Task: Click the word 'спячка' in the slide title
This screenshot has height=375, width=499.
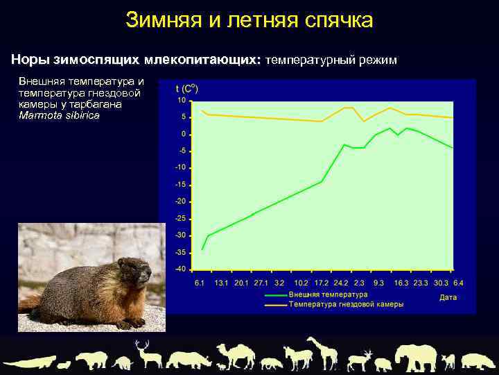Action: (339, 20)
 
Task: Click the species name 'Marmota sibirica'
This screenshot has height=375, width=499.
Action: (59, 115)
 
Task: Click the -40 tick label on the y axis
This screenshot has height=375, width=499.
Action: (180, 269)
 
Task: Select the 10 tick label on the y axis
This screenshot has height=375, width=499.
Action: (182, 101)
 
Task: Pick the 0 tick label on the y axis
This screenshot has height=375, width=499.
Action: (184, 134)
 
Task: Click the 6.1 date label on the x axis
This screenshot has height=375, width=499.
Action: (199, 283)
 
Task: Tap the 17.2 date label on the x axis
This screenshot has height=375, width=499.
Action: (321, 283)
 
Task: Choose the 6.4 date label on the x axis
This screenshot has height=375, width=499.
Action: (458, 283)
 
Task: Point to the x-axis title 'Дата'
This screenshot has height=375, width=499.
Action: (448, 297)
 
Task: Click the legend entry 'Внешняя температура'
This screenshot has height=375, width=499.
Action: (328, 295)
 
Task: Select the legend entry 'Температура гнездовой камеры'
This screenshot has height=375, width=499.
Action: (346, 304)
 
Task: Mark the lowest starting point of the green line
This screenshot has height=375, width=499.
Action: (202, 249)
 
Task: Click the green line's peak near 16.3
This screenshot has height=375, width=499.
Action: (391, 128)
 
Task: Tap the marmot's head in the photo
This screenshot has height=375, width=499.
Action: (133, 269)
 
